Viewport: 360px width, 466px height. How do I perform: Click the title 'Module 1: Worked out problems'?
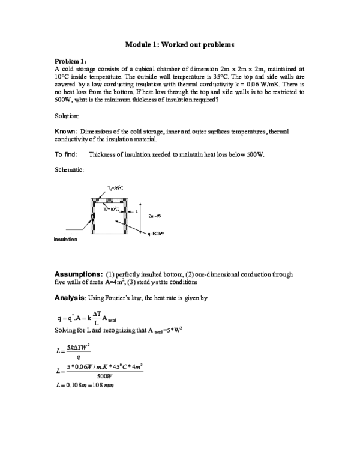(180, 45)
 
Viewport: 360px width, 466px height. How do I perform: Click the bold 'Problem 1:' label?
(71, 62)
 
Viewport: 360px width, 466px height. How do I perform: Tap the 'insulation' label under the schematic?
(65, 239)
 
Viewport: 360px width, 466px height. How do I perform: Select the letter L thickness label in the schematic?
(137, 211)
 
